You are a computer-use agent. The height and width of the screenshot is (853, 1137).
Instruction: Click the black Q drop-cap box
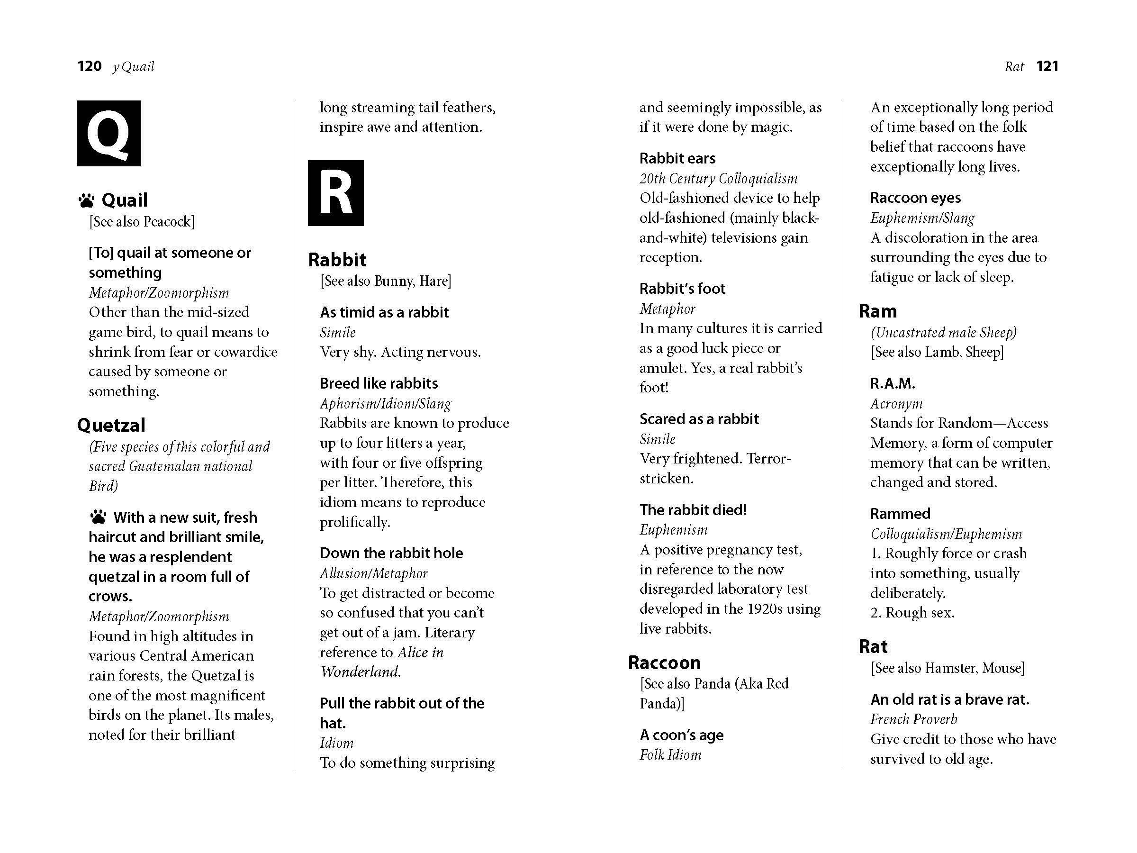point(108,133)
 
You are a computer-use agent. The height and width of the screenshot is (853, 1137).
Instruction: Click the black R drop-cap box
point(335,193)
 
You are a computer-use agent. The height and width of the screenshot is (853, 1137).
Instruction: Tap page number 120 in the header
point(90,66)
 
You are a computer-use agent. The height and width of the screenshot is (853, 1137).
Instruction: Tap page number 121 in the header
point(1047,66)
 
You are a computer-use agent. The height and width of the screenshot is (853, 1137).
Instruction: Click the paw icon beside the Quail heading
point(86,200)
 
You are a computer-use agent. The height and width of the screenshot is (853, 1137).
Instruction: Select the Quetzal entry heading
point(111,425)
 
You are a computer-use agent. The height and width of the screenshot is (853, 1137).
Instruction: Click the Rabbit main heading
point(337,260)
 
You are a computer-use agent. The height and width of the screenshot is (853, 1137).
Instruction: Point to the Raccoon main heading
point(664,663)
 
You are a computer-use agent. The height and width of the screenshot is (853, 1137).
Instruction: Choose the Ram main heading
point(877,311)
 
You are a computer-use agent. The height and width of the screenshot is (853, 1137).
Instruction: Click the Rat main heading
point(873,646)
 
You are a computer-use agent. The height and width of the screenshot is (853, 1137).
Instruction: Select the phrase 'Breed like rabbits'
point(379,383)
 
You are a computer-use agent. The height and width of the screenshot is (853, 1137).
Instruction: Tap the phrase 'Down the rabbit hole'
point(391,553)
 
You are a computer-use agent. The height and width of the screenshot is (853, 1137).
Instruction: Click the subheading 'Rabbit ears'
point(677,158)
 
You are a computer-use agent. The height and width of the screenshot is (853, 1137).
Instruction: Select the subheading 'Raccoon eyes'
point(915,198)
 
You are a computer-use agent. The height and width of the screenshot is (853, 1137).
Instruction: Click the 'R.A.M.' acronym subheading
point(893,383)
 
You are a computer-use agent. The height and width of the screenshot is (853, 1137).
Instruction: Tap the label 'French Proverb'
point(913,719)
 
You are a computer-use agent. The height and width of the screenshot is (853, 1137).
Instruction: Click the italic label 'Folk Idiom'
point(670,754)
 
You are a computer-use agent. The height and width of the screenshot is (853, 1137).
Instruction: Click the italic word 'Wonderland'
point(360,672)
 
